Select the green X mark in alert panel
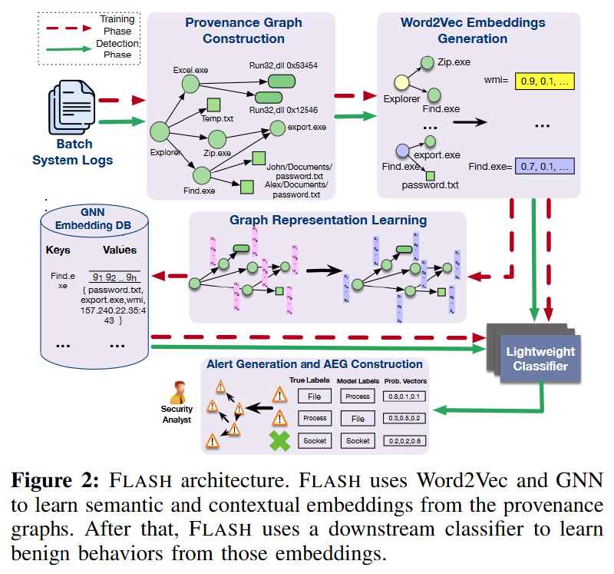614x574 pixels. coord(279,441)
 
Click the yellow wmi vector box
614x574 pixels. coord(546,80)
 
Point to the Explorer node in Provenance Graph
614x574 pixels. coord(160,133)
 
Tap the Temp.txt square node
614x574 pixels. coord(214,105)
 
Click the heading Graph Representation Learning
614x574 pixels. coord(328,221)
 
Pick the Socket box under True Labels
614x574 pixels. coord(314,441)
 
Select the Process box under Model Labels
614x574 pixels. coord(357,396)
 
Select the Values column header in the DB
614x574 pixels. coord(120,250)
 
